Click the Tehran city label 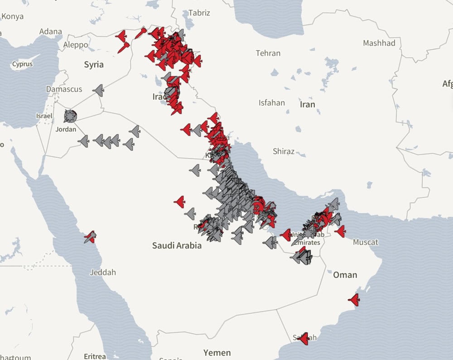(268, 53)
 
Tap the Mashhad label (379, 43)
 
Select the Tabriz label (199, 13)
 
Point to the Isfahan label (272, 102)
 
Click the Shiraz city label (284, 151)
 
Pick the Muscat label (365, 242)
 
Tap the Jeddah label (103, 272)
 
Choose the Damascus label (64, 89)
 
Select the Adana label (51, 31)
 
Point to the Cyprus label (22, 64)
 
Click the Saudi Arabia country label (177, 246)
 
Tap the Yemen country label (217, 352)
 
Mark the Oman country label (345, 275)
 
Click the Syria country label (94, 64)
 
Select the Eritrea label (95, 356)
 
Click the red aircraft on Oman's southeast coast (354, 300)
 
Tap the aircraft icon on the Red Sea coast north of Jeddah (90, 236)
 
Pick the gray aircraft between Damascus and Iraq (99, 90)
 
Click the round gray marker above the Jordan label (70, 116)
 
